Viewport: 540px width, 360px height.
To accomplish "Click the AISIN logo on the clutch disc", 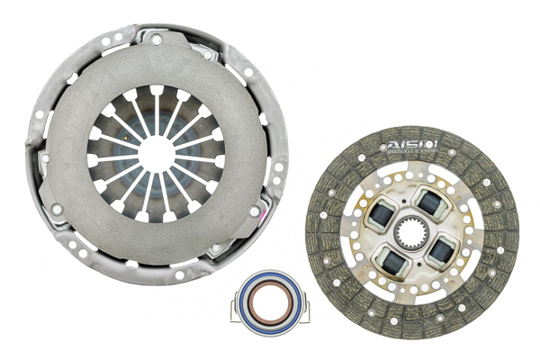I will tap(411, 145).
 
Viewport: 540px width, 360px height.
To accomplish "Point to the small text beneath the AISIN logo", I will tap(411, 155).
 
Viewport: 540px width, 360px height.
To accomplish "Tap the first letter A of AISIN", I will tap(392, 145).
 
